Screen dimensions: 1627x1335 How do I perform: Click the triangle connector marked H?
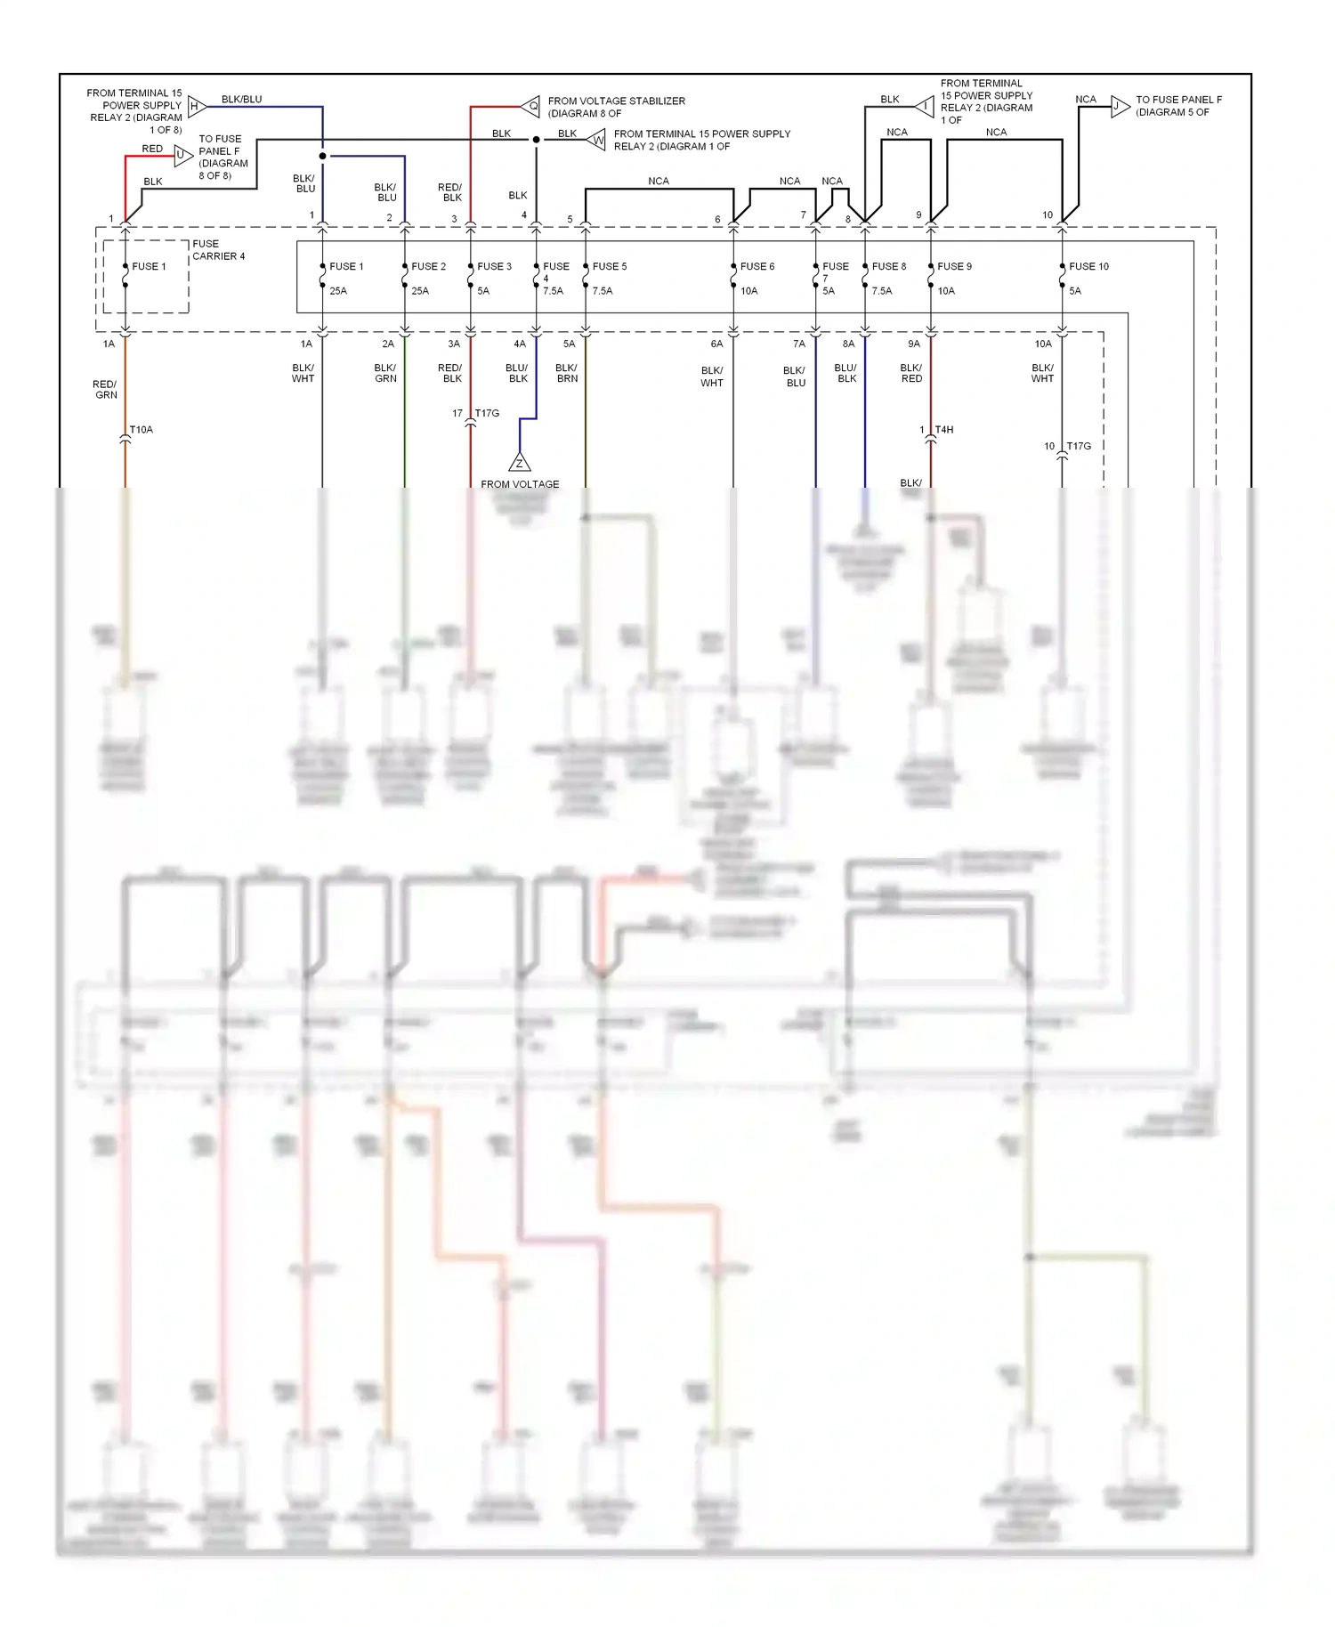click(x=196, y=106)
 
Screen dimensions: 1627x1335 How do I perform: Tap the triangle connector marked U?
click(x=182, y=155)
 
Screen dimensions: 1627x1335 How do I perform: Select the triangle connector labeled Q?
click(x=531, y=107)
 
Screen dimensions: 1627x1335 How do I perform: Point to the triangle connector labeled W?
click(x=597, y=140)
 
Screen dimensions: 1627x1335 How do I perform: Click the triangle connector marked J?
click(x=1119, y=107)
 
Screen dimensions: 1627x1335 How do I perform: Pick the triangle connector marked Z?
click(x=520, y=463)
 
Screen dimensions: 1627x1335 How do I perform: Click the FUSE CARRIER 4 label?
click(x=218, y=250)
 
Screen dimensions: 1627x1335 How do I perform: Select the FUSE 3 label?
click(x=494, y=266)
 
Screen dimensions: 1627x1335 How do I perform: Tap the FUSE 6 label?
click(x=757, y=266)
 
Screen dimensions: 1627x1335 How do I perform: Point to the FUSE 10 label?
click(x=1088, y=266)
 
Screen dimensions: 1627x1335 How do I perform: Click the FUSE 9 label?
click(x=954, y=266)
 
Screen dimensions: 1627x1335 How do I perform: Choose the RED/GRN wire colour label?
click(x=105, y=390)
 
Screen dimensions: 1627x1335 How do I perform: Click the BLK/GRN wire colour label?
click(x=385, y=373)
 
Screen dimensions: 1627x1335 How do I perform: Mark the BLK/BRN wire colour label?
click(x=567, y=373)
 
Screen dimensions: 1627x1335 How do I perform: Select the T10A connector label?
click(x=142, y=430)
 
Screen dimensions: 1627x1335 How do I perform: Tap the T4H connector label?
click(x=944, y=430)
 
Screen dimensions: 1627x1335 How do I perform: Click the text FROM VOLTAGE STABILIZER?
click(x=616, y=101)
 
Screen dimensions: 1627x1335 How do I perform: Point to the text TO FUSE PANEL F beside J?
click(x=1178, y=100)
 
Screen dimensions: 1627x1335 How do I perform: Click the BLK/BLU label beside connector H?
click(x=241, y=100)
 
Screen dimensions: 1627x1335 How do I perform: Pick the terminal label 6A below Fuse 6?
click(x=716, y=344)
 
